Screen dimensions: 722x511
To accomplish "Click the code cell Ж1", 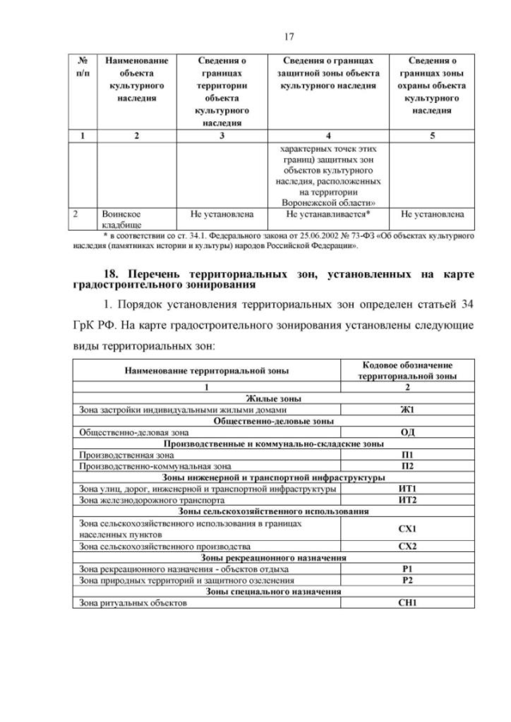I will (405, 410).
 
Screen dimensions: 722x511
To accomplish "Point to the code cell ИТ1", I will (405, 487).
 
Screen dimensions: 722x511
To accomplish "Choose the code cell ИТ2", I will (405, 499).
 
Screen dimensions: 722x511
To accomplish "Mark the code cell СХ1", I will (405, 528).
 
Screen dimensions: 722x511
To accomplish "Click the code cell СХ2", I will (405, 546).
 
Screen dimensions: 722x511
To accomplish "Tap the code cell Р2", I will (405, 580).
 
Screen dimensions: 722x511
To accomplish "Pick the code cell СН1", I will (405, 603).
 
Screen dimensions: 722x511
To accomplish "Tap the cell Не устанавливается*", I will (327, 215).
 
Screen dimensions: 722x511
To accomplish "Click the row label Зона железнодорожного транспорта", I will (140, 499).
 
